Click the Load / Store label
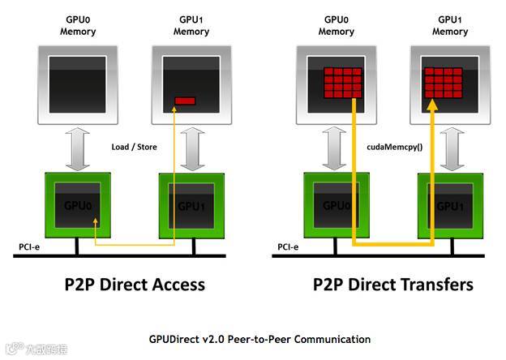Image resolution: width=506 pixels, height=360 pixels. point(134,147)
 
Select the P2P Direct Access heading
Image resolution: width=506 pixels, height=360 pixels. point(135,284)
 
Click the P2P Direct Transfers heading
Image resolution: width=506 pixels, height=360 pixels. point(393,284)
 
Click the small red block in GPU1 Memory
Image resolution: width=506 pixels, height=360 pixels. point(186,101)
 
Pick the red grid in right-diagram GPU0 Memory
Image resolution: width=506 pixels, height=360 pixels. point(343,83)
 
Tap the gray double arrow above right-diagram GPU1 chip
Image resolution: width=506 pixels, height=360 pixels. point(449,147)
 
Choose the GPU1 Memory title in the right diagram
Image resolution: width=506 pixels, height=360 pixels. point(449,24)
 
